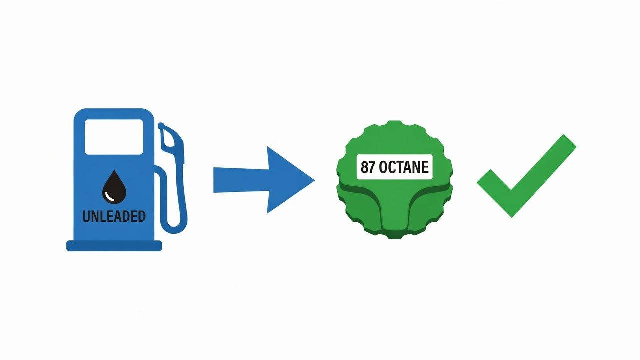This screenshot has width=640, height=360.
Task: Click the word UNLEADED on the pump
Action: point(114,216)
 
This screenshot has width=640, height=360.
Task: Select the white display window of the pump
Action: point(114,137)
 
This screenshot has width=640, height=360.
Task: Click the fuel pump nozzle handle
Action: point(171,143)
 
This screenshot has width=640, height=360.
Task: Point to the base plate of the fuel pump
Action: point(114,246)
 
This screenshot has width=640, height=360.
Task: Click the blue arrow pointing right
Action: point(264,180)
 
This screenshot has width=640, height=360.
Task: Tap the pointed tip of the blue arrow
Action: point(314,180)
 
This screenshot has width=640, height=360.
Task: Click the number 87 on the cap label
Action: point(367,167)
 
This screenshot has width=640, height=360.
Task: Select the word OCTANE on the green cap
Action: point(404,167)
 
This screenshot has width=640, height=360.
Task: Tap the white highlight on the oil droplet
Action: point(108,196)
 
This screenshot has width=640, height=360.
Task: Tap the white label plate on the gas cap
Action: point(395,167)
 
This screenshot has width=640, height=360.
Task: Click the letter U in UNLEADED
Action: point(86,216)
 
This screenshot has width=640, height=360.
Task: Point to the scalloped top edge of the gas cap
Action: point(395,125)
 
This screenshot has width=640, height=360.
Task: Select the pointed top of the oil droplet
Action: point(114,171)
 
